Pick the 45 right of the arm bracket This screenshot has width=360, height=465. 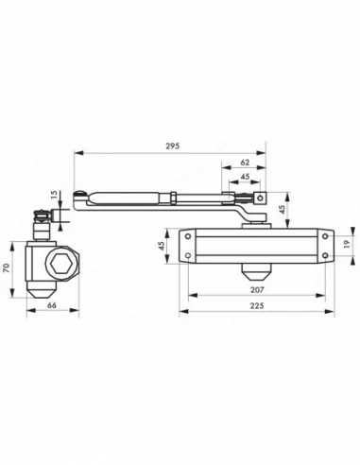coord(282,209)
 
